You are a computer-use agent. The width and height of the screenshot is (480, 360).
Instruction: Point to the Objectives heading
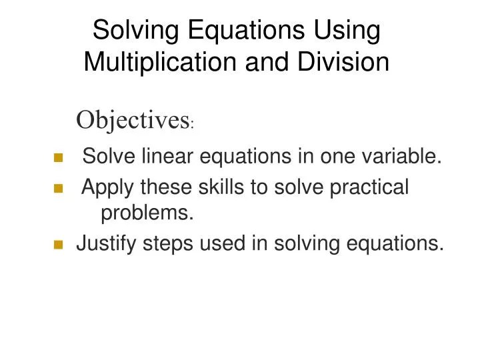[132, 120]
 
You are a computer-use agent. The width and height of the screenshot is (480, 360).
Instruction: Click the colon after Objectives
[192, 125]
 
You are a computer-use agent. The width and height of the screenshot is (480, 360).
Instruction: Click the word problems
[147, 213]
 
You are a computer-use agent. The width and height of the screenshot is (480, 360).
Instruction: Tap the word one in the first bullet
[335, 157]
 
